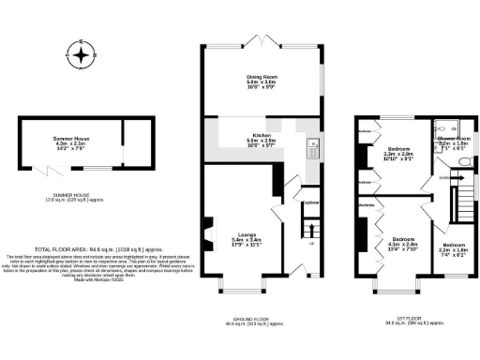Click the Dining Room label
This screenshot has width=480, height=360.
[262, 81]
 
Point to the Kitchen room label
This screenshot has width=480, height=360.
[262, 138]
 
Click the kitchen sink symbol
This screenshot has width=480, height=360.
[312, 144]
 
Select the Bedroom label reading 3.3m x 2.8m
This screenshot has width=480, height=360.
[399, 154]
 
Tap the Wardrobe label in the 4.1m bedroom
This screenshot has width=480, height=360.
[365, 202]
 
